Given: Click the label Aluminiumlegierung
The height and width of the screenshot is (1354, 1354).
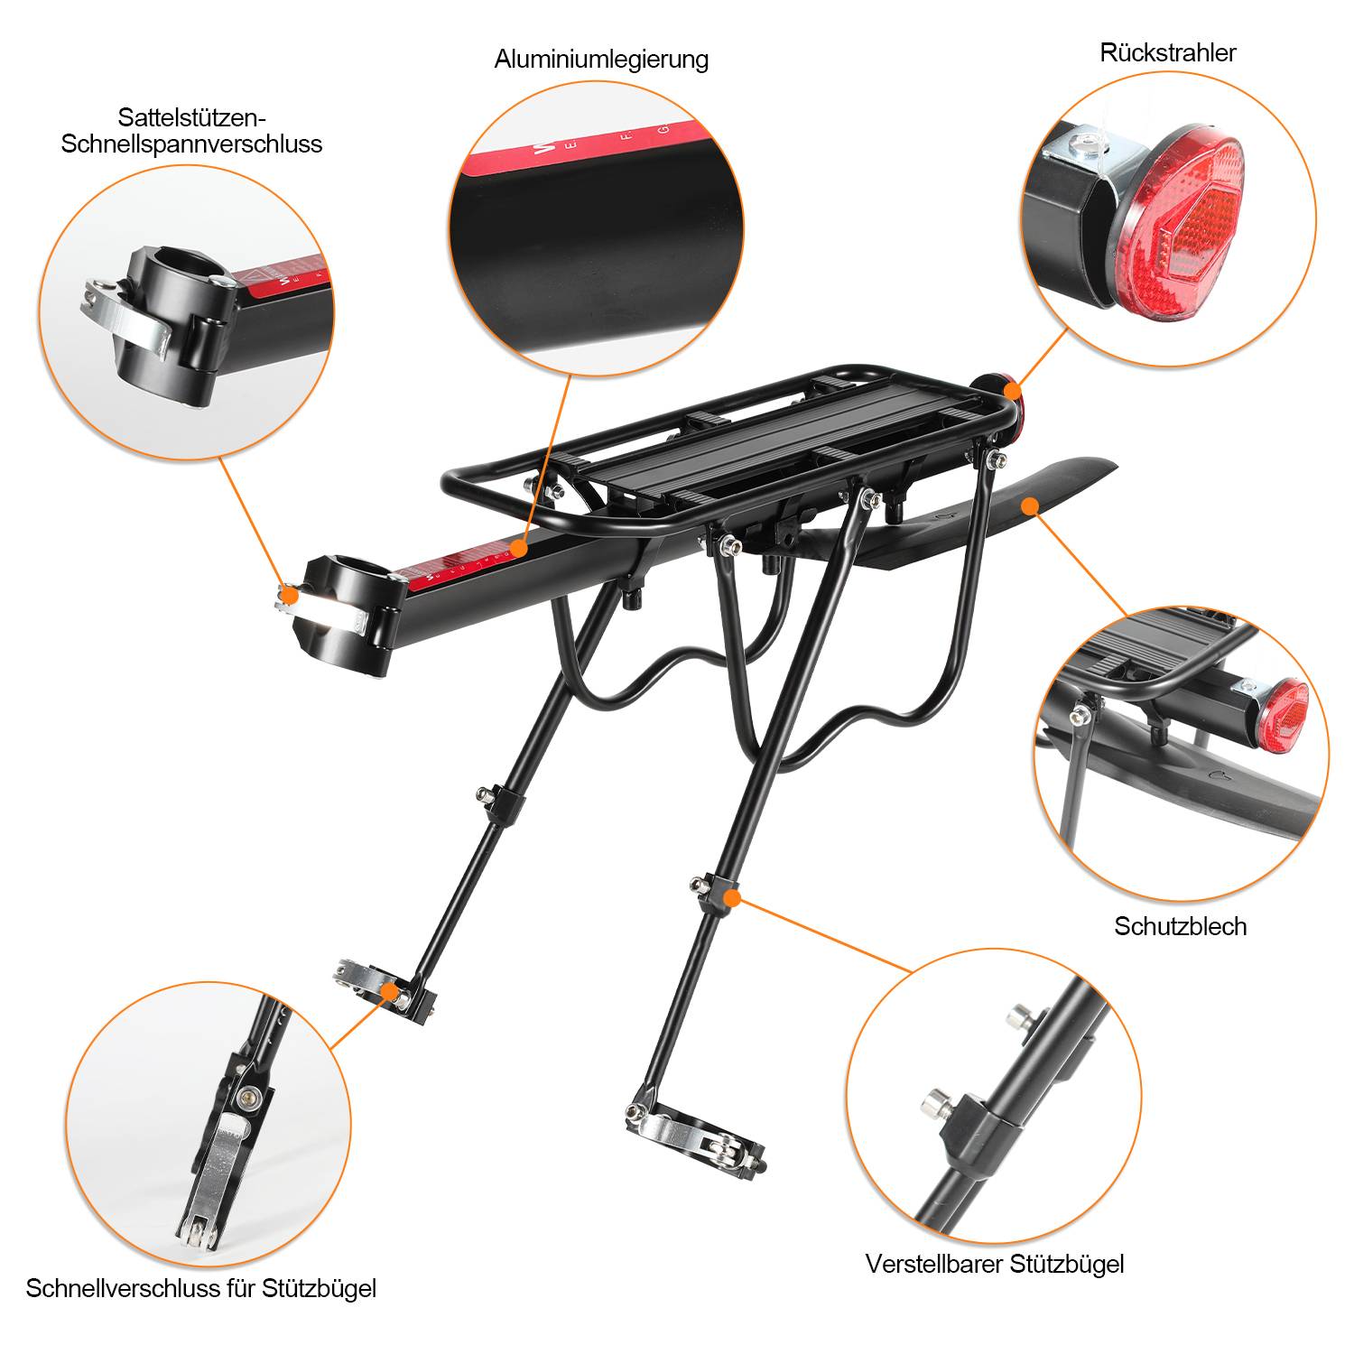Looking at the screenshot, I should coord(601,60).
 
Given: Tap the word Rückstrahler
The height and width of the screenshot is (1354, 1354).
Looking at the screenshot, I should coord(1167,52).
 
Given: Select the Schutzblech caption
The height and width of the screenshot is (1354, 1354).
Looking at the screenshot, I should coord(1180,926).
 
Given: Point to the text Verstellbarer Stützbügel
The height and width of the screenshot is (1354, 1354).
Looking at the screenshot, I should coord(995,1264).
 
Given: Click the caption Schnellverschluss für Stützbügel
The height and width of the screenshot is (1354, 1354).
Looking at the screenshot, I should coord(200,1288).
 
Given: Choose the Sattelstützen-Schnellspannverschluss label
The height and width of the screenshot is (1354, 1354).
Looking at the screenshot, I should coord(191,131).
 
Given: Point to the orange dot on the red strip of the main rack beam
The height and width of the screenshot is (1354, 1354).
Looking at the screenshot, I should coord(518,548).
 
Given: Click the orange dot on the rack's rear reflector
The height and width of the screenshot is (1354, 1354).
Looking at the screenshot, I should coord(1013,390).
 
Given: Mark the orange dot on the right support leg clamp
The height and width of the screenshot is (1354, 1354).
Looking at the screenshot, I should coord(733,897).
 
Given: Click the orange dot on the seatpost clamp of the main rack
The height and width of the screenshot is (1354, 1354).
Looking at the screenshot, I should coord(289,594).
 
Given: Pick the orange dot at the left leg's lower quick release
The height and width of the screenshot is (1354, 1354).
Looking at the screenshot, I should coord(390,991).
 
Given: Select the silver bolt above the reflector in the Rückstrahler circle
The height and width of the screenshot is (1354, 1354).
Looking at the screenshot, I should coord(1084,141).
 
